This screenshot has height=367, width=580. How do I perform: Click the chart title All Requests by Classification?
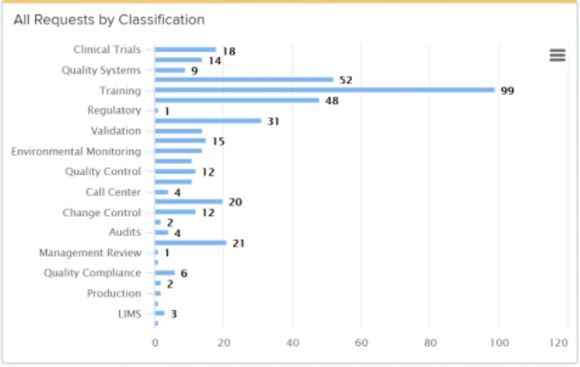click(108, 19)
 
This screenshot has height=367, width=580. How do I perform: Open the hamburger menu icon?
click(557, 55)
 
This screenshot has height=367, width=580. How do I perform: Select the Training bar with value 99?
click(325, 90)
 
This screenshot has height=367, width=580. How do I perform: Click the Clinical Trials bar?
click(186, 50)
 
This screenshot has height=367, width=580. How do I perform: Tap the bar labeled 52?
click(244, 79)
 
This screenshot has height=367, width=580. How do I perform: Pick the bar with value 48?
click(237, 100)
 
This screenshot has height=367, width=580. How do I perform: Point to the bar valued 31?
click(208, 121)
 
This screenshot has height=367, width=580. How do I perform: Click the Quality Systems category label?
click(101, 70)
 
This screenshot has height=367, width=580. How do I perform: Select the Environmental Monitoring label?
click(76, 151)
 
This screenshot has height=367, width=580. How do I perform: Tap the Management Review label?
click(90, 252)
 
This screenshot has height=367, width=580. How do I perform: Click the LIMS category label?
click(129, 314)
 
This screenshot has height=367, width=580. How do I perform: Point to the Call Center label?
click(113, 192)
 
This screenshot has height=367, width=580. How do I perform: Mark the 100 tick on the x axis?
click(499, 343)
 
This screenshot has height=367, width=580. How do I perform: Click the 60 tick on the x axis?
click(362, 343)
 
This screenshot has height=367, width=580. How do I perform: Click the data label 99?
click(507, 91)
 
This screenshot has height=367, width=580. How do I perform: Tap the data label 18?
click(229, 51)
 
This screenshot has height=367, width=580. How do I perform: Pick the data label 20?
click(235, 202)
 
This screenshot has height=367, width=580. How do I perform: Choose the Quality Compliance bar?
click(165, 272)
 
